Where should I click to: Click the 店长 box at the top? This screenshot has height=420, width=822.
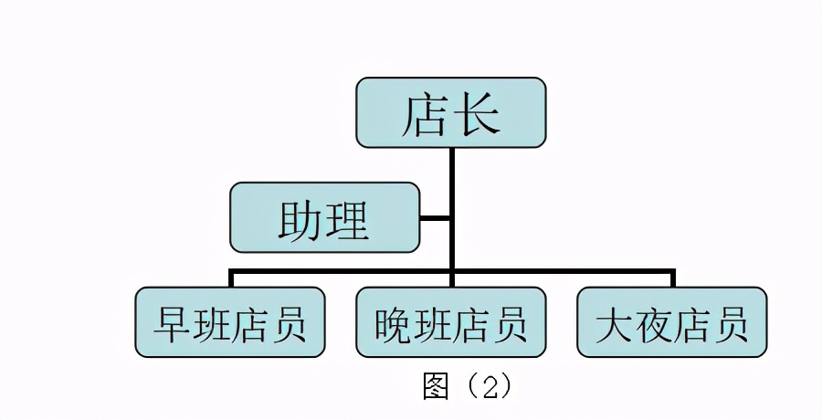(450, 112)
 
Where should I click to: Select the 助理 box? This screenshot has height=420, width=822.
(324, 217)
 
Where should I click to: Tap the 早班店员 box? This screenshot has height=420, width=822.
(229, 322)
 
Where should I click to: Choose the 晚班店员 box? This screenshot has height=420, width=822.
(450, 322)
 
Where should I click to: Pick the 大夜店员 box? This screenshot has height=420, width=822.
(671, 322)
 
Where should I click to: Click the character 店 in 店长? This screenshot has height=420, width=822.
(425, 113)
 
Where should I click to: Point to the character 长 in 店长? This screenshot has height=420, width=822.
(477, 113)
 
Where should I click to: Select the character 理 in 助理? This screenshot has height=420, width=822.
(349, 218)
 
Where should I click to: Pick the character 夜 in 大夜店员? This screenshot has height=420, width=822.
(652, 323)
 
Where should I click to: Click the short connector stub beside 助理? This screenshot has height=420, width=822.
(436, 218)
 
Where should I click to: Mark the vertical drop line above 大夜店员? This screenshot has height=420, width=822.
(673, 278)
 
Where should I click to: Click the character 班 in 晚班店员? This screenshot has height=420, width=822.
(431, 323)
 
